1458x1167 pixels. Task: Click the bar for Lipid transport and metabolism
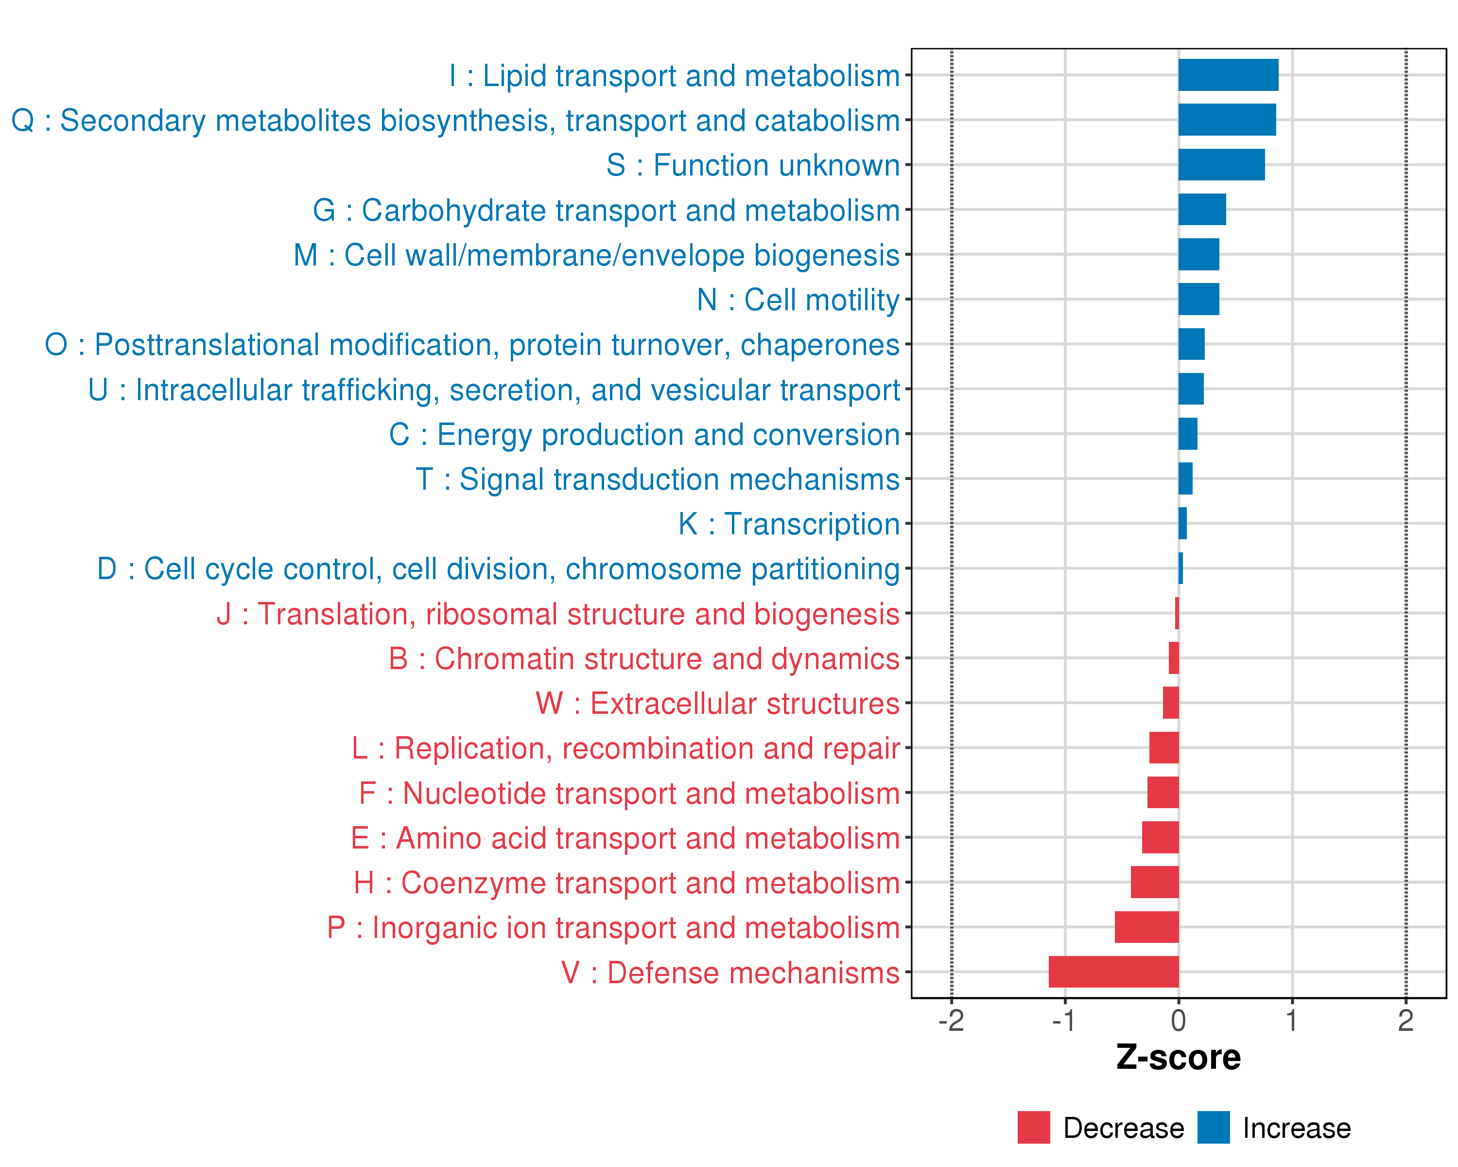1228,75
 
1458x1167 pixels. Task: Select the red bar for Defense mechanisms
1114,972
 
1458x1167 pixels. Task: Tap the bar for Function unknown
1221,165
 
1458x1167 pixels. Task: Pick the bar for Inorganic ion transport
1147,927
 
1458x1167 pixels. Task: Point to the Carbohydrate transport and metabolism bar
1202,210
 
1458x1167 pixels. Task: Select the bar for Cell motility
1198,299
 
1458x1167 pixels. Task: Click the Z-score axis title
1179,1058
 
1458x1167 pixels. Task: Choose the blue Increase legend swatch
1213,1128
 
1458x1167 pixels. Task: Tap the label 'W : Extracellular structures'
717,704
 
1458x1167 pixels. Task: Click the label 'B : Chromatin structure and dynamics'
644,659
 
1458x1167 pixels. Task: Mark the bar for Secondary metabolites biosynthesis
1227,120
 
